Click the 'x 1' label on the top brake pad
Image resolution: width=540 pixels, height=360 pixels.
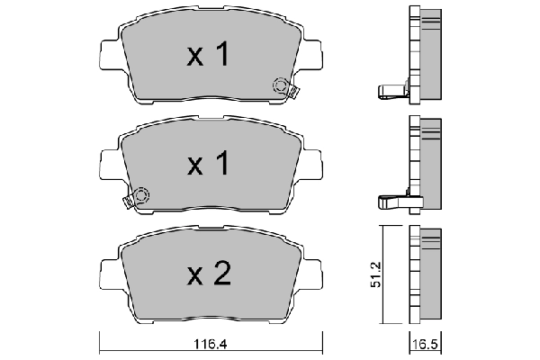pos(208,56)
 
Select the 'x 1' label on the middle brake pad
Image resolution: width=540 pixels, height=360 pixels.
pos(208,164)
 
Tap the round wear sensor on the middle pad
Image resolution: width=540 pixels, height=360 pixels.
pos(140,195)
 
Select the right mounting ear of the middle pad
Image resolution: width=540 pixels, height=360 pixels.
pos(311,163)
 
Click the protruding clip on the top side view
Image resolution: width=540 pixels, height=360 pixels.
pos(390,90)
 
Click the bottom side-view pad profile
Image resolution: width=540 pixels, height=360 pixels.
pos(427,274)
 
